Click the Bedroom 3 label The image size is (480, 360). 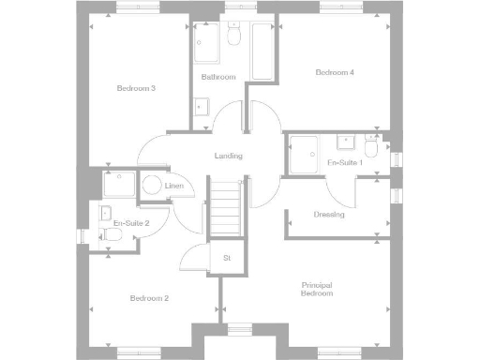pos(136,88)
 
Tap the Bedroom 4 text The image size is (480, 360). pos(335,72)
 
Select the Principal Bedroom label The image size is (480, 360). pos(317,289)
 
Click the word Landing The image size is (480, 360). pos(228,156)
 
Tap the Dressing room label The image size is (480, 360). pos(329,214)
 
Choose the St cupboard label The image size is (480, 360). pos(227,257)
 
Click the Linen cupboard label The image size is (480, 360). pos(174,187)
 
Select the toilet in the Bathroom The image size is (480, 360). pos(234,36)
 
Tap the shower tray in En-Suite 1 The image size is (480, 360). pos(304,153)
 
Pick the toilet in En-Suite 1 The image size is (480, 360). pos(371,149)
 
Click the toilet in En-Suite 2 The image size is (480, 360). pos(113,234)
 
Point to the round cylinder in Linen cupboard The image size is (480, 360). pos(152,186)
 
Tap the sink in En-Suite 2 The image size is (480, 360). pos(106,211)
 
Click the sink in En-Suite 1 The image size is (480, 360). pos(346,142)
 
